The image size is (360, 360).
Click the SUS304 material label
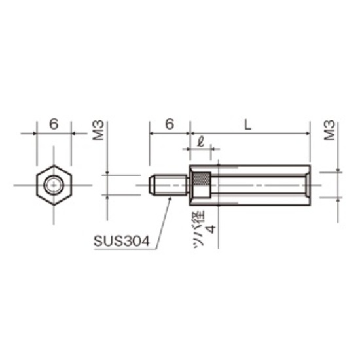(x=122, y=242)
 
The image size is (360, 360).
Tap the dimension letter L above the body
(x=247, y=125)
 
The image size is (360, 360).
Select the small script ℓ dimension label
(x=201, y=142)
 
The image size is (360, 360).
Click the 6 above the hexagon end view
(x=54, y=124)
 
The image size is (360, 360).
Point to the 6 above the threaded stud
(x=170, y=124)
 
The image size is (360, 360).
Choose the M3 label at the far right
(x=329, y=130)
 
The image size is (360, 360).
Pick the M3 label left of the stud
(x=98, y=130)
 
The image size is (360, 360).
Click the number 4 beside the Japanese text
(x=211, y=229)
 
